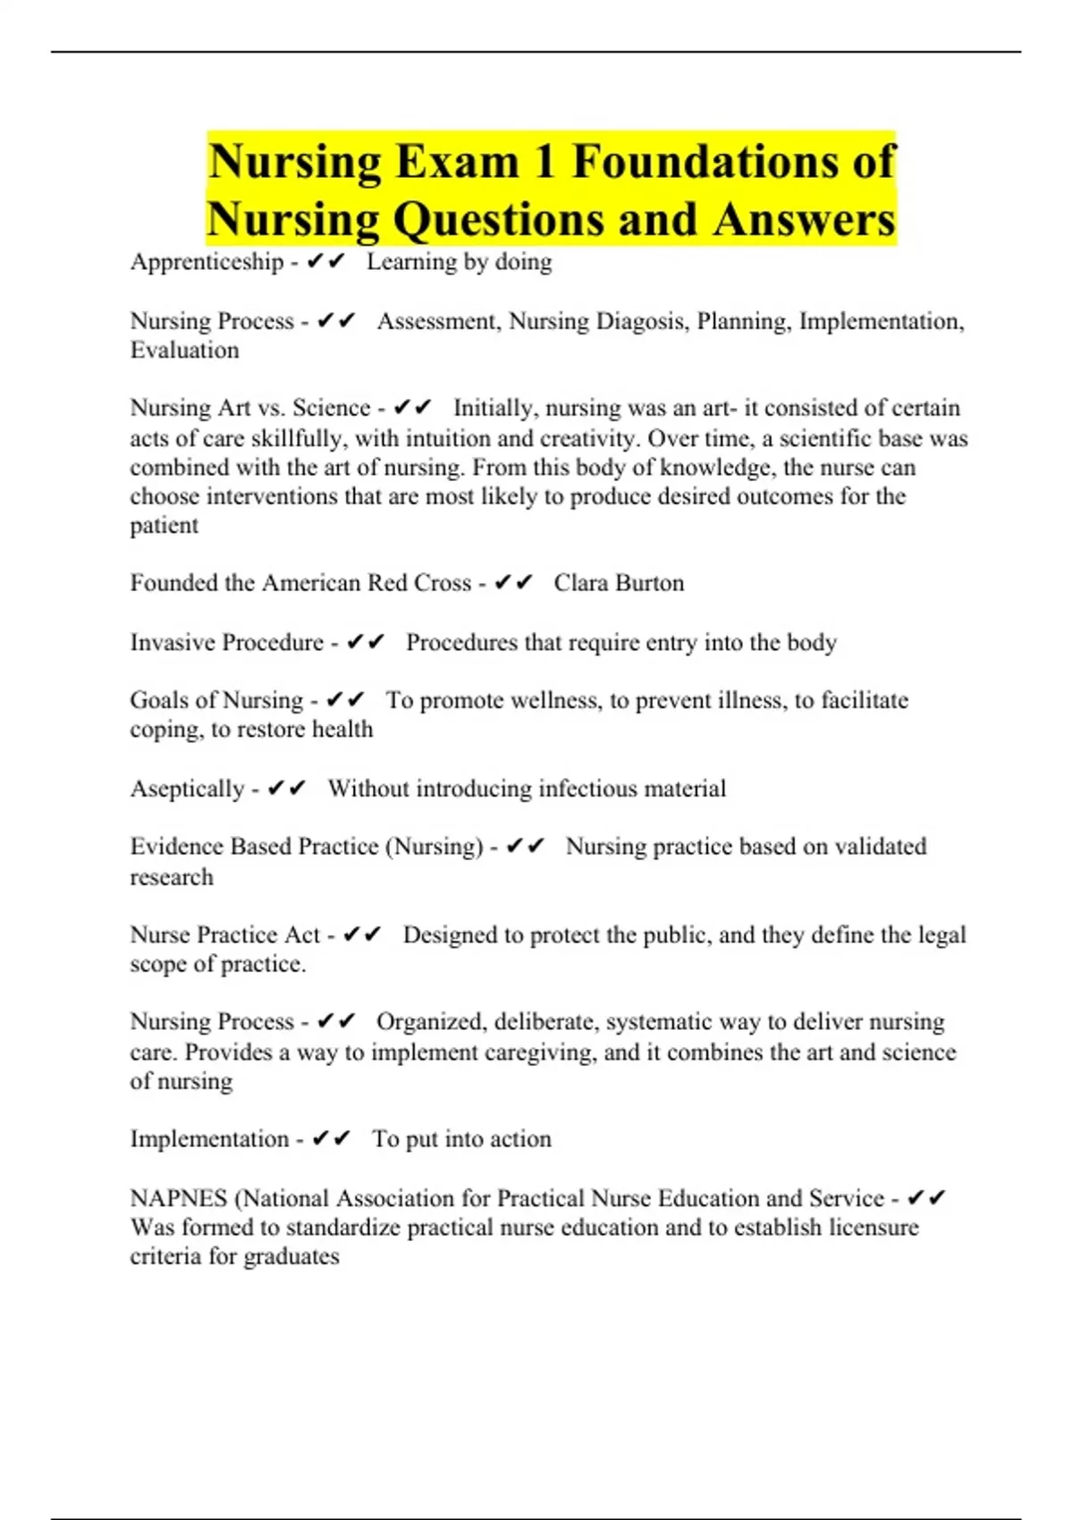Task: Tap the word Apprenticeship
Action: pos(207,262)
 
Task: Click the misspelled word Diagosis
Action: pos(639,321)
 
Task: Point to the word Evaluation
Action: pos(184,350)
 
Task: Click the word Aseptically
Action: pos(187,789)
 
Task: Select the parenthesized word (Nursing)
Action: pos(434,847)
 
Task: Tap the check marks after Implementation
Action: pos(331,1139)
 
